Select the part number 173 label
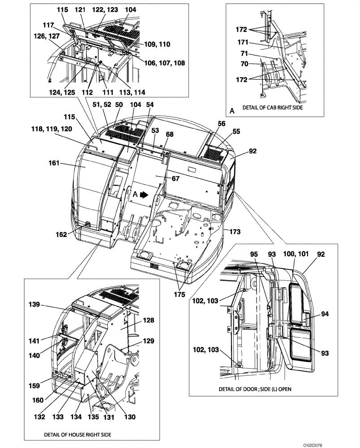tap(235, 232)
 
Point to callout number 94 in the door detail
tap(325, 314)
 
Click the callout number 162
tap(61, 234)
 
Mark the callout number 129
tap(150, 341)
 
